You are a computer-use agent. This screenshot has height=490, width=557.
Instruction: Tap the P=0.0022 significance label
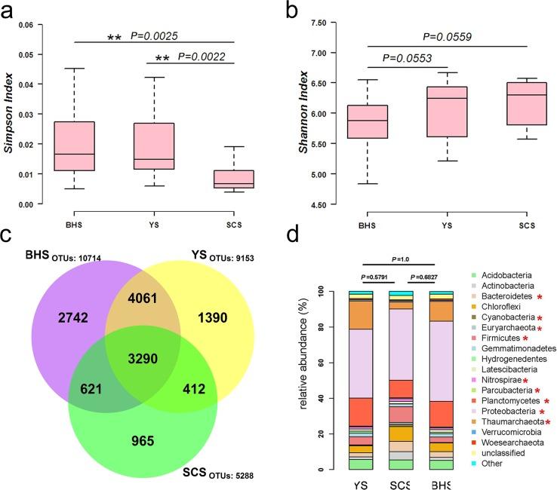click(x=204, y=57)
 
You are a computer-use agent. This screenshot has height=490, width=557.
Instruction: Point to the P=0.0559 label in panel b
click(x=449, y=35)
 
